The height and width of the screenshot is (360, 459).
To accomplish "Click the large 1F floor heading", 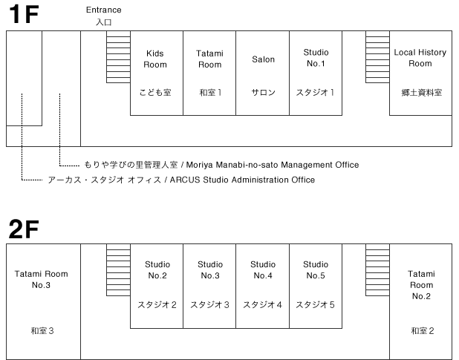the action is pyautogui.click(x=24, y=14).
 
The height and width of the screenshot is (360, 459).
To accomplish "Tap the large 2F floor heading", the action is pyautogui.click(x=24, y=229).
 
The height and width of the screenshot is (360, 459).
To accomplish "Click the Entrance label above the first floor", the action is pyautogui.click(x=104, y=10).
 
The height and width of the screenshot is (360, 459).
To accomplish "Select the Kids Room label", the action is pyautogui.click(x=154, y=59).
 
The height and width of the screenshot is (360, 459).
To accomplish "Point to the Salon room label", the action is pyautogui.click(x=263, y=59).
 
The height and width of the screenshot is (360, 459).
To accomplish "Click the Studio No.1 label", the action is pyautogui.click(x=316, y=58).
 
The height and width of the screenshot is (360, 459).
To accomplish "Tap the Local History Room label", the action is pyautogui.click(x=420, y=58).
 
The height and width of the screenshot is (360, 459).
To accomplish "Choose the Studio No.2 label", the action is pyautogui.click(x=157, y=270).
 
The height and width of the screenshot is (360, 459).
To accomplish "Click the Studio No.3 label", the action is pyautogui.click(x=210, y=270).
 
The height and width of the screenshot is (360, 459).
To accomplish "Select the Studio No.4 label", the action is pyautogui.click(x=263, y=270).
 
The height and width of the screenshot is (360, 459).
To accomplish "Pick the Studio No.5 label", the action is pyautogui.click(x=316, y=270).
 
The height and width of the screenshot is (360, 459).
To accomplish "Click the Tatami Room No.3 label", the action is pyautogui.click(x=42, y=279).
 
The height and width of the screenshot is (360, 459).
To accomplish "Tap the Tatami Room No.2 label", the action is pyautogui.click(x=421, y=285).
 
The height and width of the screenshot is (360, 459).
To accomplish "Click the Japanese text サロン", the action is pyautogui.click(x=263, y=93).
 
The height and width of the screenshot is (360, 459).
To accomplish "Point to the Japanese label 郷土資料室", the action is pyautogui.click(x=422, y=93).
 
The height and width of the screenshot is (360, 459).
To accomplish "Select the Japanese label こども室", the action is pyautogui.click(x=155, y=93).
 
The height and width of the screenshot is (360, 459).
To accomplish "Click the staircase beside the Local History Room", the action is pyautogui.click(x=377, y=56).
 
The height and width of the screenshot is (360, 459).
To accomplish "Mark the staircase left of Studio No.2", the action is pyautogui.click(x=118, y=269).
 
